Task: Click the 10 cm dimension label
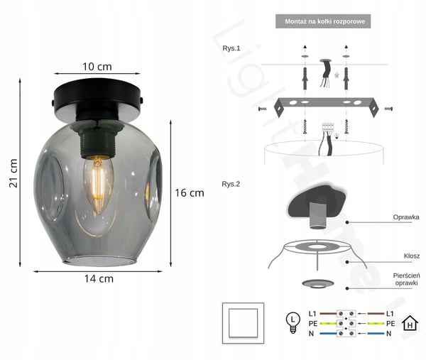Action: pos(97,67)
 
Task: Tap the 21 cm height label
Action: pos(13,173)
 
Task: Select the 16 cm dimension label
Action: pos(190,193)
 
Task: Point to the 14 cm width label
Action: pos(99,279)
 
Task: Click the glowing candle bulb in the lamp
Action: pos(98,185)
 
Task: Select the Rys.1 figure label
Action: pos(231,48)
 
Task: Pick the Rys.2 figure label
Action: pos(231,184)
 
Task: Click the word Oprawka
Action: pos(406,217)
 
